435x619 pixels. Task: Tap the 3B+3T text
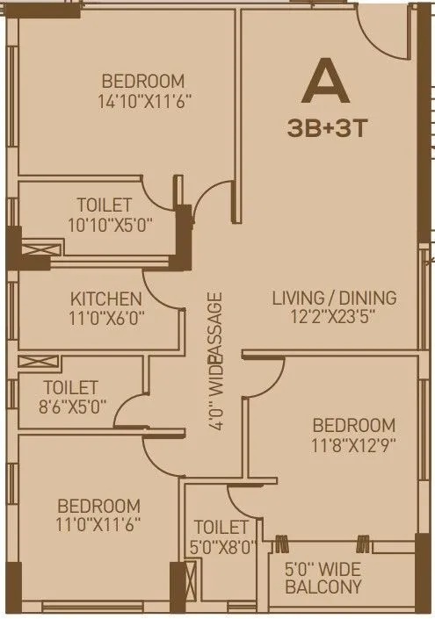point(325,126)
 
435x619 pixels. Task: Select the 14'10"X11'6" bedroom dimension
point(145,101)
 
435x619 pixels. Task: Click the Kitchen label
point(105,299)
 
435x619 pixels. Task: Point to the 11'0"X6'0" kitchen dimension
point(107,318)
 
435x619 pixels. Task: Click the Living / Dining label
point(334,299)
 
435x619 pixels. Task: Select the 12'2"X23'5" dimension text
point(334,318)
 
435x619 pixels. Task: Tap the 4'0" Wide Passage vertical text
point(214,360)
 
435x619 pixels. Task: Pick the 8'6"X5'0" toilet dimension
point(74,406)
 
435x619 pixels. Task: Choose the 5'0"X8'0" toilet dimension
point(221,547)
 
